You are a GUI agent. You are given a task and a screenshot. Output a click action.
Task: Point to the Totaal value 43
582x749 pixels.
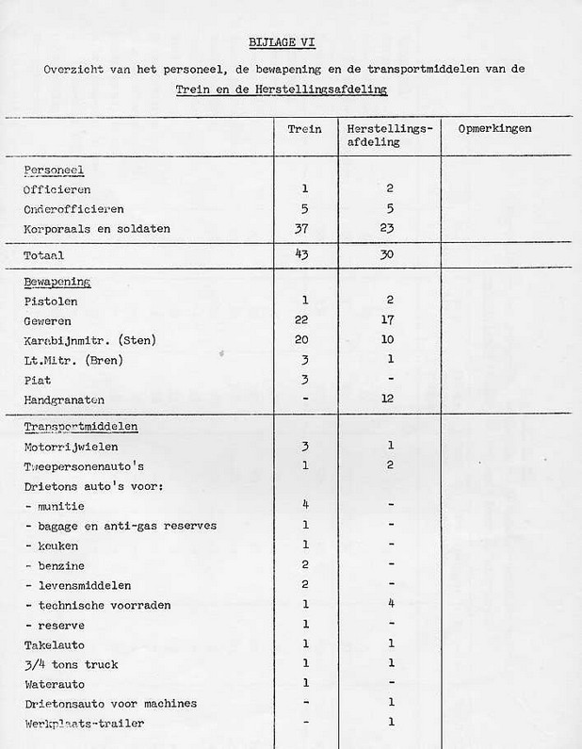point(304,254)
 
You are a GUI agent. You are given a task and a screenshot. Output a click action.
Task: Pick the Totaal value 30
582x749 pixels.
point(389,254)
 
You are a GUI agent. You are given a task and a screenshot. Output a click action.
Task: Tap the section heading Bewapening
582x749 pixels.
point(57,281)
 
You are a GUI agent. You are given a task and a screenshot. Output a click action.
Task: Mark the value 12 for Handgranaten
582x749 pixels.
point(390,400)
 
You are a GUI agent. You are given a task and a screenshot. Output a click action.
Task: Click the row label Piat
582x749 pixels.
point(38,380)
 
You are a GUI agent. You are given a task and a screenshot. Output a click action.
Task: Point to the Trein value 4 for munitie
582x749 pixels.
point(305,504)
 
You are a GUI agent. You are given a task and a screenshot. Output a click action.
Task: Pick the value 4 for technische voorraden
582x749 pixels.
point(390,604)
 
